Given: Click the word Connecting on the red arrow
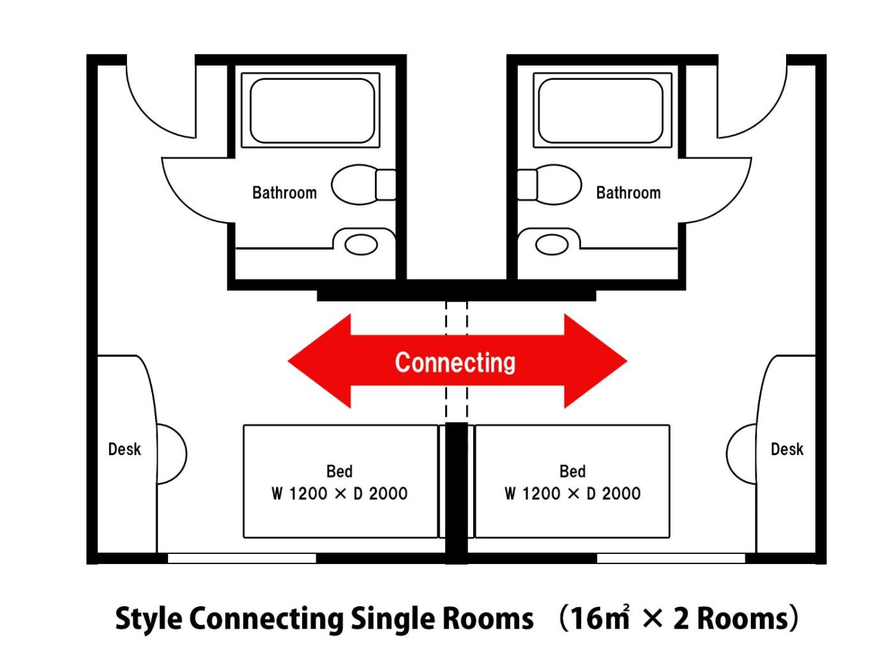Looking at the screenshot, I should coord(455,362).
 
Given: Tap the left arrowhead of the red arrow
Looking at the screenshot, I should coord(319,361).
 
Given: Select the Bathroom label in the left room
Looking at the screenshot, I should coord(284,193).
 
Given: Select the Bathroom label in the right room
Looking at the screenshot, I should coord(628,193).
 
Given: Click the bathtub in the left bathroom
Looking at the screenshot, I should coord(311,110).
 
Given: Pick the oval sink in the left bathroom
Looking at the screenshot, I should coord(361,244).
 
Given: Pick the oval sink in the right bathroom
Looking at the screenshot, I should coord(552,244).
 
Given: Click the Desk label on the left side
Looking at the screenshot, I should coord(125,449).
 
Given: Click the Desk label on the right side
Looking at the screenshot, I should coord(787,449).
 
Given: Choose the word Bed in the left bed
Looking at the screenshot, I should coord(339,472).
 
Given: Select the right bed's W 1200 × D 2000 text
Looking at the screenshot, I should coord(572,493).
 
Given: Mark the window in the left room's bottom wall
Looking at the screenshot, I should coord(241,558).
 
